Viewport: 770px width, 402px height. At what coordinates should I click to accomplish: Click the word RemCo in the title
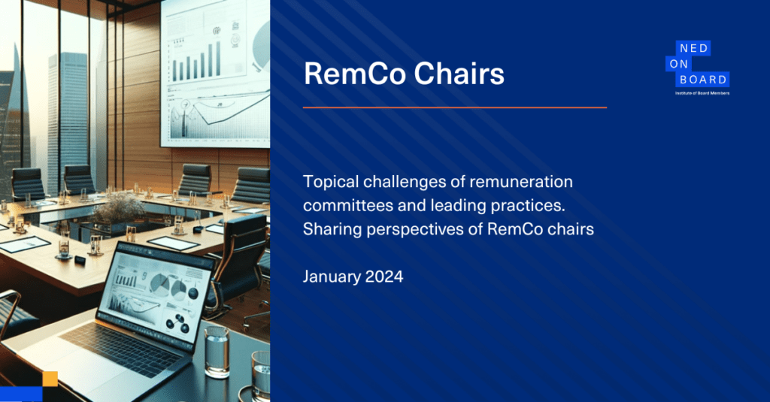tap(355, 74)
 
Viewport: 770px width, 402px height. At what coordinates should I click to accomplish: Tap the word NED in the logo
tap(693, 48)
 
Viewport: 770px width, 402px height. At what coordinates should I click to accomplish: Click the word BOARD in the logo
tap(703, 80)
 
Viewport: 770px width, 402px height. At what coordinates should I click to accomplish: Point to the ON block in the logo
tap(678, 64)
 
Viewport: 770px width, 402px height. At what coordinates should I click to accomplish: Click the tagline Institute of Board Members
tap(702, 92)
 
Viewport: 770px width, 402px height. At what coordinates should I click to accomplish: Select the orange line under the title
tap(455, 107)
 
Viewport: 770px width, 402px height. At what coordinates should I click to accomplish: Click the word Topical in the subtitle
tap(331, 182)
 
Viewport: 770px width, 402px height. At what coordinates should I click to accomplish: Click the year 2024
tap(384, 277)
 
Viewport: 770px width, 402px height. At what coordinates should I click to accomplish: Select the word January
tap(332, 277)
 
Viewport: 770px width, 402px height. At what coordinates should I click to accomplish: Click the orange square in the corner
tap(50, 379)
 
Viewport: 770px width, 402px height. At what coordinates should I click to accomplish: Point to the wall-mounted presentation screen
tap(215, 73)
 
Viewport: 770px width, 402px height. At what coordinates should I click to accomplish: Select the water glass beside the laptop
tap(217, 352)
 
